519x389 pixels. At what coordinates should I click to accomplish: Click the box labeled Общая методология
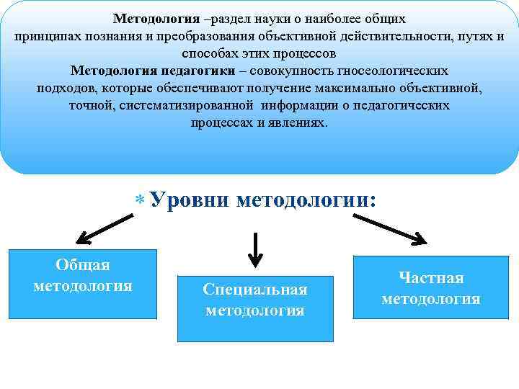tap(82, 284)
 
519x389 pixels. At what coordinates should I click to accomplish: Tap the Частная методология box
tap(431, 287)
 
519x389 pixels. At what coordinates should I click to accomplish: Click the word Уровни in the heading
tap(190, 200)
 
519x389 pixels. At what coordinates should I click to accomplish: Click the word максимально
tap(374, 88)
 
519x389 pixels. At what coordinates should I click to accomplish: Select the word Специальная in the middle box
tap(255, 290)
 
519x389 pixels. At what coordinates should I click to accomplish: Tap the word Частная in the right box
tap(431, 277)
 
